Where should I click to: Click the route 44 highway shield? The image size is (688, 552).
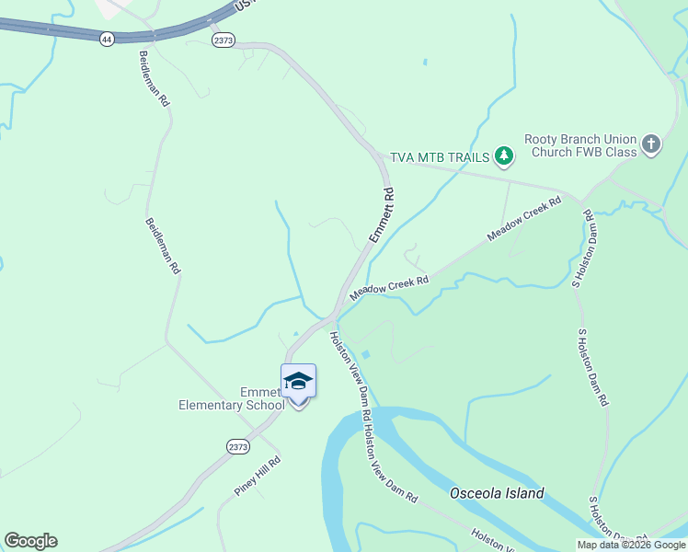pos(108,39)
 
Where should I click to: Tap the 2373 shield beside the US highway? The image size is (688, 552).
pos(224,40)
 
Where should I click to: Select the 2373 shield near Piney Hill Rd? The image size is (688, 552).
pos(237,445)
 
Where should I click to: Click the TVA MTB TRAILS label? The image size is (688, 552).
pos(440,157)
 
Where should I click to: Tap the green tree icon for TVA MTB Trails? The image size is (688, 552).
pos(503,156)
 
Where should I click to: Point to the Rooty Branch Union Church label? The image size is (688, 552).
pos(581,145)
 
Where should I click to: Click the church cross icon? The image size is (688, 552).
pos(651,144)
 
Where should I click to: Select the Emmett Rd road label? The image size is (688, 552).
pos(382,216)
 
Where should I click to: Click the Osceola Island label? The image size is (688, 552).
pos(497,493)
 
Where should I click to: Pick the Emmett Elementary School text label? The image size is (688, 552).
pos(232,397)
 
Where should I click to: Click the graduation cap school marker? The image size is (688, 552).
pos(298,381)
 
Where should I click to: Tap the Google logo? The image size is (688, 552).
pos(30,541)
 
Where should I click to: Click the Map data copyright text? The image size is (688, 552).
pos(631,545)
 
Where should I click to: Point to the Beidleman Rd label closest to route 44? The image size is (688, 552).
pos(155,75)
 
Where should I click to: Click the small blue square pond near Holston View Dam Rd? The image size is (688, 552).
pos(365,354)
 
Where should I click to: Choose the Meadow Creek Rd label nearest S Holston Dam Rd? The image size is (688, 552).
pos(524,219)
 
